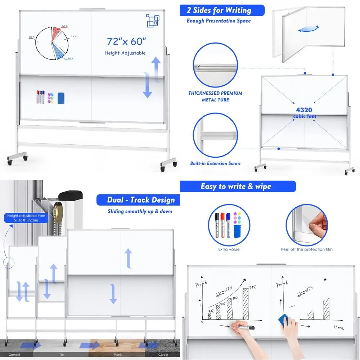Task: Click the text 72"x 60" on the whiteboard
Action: point(126,41)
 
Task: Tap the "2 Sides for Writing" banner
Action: point(222,10)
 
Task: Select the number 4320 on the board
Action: point(305,110)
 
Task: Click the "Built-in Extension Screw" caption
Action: point(215,163)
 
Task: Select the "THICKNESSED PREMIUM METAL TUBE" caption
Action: point(215,96)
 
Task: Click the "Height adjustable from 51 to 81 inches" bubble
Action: point(26,218)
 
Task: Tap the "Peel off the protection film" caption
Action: point(307,249)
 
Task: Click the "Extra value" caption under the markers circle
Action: point(229,249)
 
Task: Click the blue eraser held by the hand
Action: point(287,320)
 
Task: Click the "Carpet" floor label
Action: point(164,355)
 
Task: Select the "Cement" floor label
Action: point(14,355)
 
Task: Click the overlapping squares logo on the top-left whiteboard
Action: point(152,20)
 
